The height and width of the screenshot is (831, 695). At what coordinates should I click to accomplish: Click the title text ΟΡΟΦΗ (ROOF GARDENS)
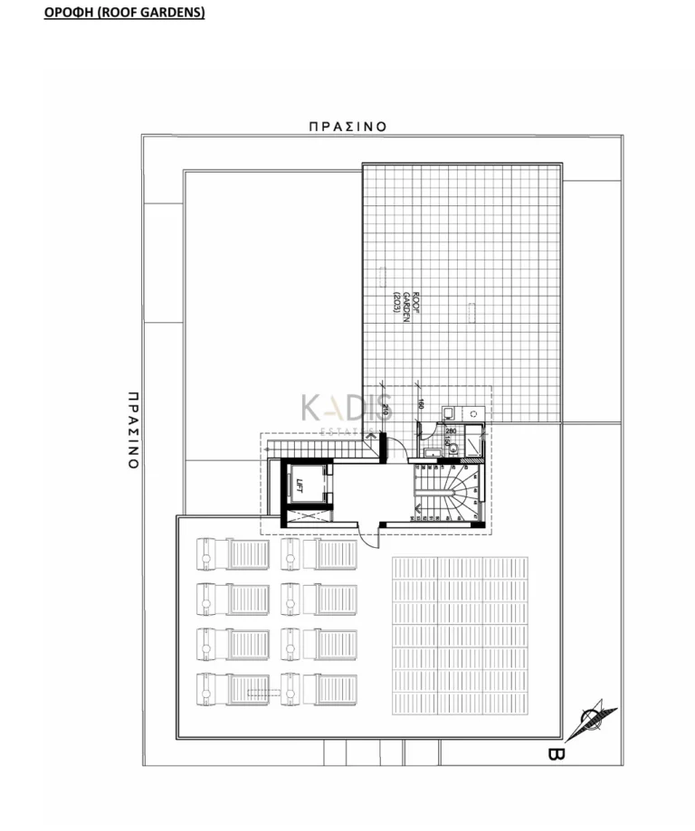pyautogui.click(x=124, y=14)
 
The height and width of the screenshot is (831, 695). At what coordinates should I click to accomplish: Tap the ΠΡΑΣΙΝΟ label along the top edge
pyautogui.click(x=347, y=127)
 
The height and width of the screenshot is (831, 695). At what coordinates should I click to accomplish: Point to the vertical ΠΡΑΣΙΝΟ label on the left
pyautogui.click(x=132, y=430)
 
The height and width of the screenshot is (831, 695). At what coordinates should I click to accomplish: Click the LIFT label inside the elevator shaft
pyautogui.click(x=297, y=486)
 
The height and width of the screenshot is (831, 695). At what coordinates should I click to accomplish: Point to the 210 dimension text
pyautogui.click(x=385, y=411)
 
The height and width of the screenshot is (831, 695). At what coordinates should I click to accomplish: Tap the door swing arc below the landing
pyautogui.click(x=369, y=535)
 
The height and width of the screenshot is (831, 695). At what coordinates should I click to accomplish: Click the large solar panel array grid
pyautogui.click(x=459, y=635)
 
